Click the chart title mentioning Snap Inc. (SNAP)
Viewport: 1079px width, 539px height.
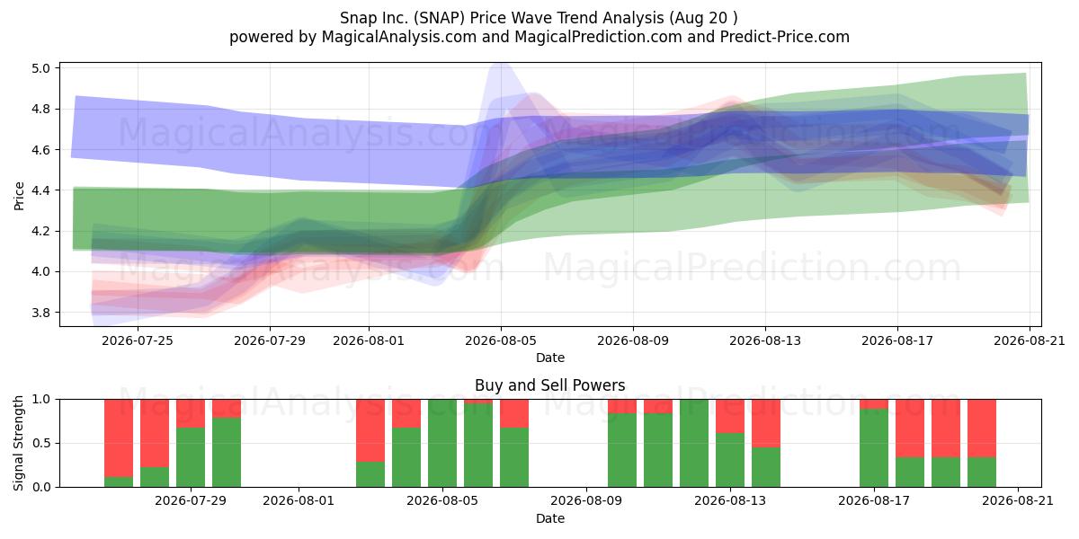[x=539, y=18]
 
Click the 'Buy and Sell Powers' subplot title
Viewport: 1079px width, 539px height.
[x=549, y=385]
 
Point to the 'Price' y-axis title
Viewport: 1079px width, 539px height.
[x=19, y=196]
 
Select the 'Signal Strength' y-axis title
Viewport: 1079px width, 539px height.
[x=18, y=443]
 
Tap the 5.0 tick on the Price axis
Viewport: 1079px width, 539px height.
[x=40, y=68]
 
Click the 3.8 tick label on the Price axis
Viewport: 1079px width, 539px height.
[x=40, y=313]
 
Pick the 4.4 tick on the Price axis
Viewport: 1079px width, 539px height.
[x=40, y=190]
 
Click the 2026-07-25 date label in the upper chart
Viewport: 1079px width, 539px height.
[x=138, y=340]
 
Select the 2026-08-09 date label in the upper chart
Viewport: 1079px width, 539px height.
[x=633, y=340]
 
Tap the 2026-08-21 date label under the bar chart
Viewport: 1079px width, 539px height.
[x=1018, y=501]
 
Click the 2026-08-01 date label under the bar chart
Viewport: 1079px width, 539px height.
[x=299, y=501]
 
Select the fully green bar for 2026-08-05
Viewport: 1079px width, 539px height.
[x=442, y=443]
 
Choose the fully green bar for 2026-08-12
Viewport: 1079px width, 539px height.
[x=694, y=443]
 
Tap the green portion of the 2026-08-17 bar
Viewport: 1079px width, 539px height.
[x=874, y=448]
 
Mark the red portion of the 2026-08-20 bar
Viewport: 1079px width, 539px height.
[x=982, y=429]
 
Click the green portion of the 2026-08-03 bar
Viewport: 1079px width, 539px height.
[x=370, y=474]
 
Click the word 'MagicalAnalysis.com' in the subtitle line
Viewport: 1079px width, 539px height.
[x=399, y=37]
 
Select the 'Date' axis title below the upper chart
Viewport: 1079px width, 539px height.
[x=550, y=358]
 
